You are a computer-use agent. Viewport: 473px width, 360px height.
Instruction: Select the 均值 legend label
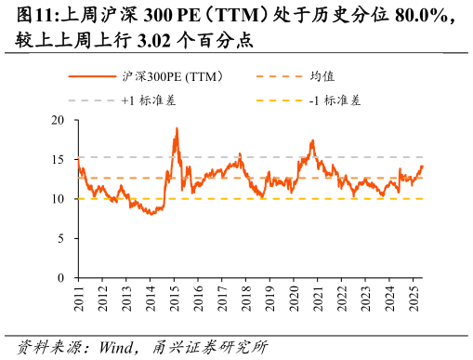322,76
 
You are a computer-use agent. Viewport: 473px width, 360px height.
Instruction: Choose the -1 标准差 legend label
335,100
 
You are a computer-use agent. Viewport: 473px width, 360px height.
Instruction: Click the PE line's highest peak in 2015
177,128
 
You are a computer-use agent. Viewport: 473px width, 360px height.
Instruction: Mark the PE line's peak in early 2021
313,140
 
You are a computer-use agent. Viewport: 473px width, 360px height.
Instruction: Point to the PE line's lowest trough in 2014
149,214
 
